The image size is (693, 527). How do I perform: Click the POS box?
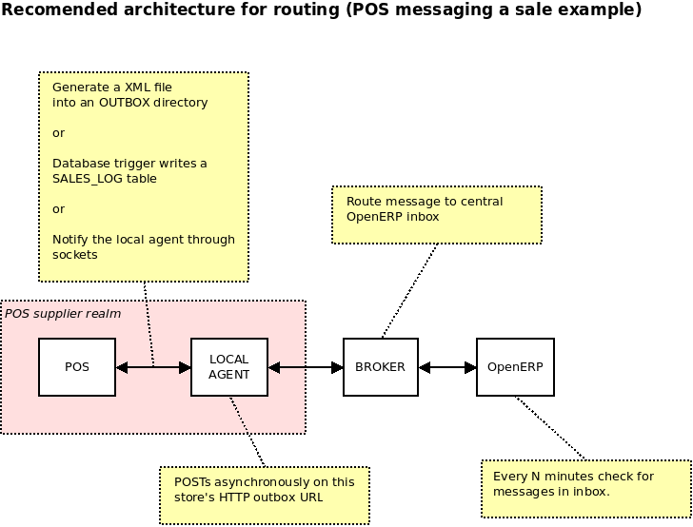pos(77,367)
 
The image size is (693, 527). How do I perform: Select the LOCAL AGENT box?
pos(229,367)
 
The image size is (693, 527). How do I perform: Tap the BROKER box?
pos(381,367)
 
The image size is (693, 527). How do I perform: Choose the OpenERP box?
pos(514,367)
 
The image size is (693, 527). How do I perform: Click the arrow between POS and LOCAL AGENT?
pos(153,367)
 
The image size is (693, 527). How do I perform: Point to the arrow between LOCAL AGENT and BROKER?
pos(306,367)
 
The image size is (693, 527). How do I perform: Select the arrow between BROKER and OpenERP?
pos(447,367)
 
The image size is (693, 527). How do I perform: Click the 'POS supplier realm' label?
pos(63,313)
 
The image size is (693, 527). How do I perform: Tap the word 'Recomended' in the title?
pos(57,10)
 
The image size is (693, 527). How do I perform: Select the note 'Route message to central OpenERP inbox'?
pos(437,209)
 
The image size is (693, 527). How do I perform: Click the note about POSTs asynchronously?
pos(264,489)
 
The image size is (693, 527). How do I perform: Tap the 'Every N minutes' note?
pos(585,483)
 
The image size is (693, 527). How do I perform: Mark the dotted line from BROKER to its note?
pos(409,290)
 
